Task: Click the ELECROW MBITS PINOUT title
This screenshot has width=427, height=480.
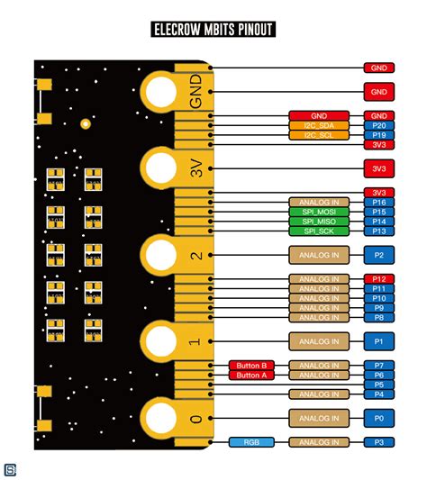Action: (x=213, y=30)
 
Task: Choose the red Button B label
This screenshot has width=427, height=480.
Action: (x=252, y=366)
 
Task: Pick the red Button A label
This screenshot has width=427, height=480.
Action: (x=252, y=376)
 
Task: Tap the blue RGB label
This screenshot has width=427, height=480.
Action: (x=252, y=442)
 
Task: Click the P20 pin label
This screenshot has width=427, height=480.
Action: (x=378, y=125)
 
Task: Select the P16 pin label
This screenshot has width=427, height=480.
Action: (x=378, y=203)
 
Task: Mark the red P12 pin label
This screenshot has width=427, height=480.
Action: (x=378, y=279)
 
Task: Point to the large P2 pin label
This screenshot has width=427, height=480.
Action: (x=378, y=255)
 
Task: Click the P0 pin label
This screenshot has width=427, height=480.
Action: (x=378, y=418)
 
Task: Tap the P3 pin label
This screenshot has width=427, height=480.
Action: (x=378, y=442)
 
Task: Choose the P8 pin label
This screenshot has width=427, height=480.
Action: (x=378, y=317)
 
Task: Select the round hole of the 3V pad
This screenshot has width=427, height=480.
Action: (x=161, y=168)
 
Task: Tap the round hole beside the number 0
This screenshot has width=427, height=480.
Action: (x=161, y=418)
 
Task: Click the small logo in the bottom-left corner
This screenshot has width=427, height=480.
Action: (x=11, y=469)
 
